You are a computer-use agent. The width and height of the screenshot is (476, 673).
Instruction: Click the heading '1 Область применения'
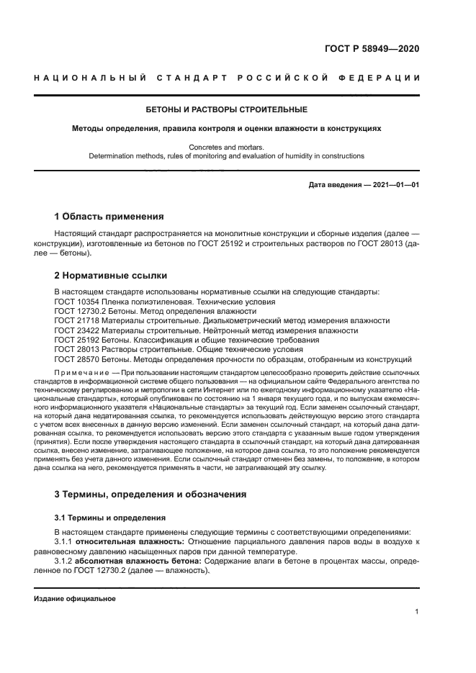(x=109, y=216)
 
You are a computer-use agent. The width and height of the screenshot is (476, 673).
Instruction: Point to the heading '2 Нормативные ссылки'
(x=111, y=275)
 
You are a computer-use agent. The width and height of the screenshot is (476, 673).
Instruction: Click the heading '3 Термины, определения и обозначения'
(x=151, y=494)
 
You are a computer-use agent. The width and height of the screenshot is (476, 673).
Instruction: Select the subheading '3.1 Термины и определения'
(x=111, y=517)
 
